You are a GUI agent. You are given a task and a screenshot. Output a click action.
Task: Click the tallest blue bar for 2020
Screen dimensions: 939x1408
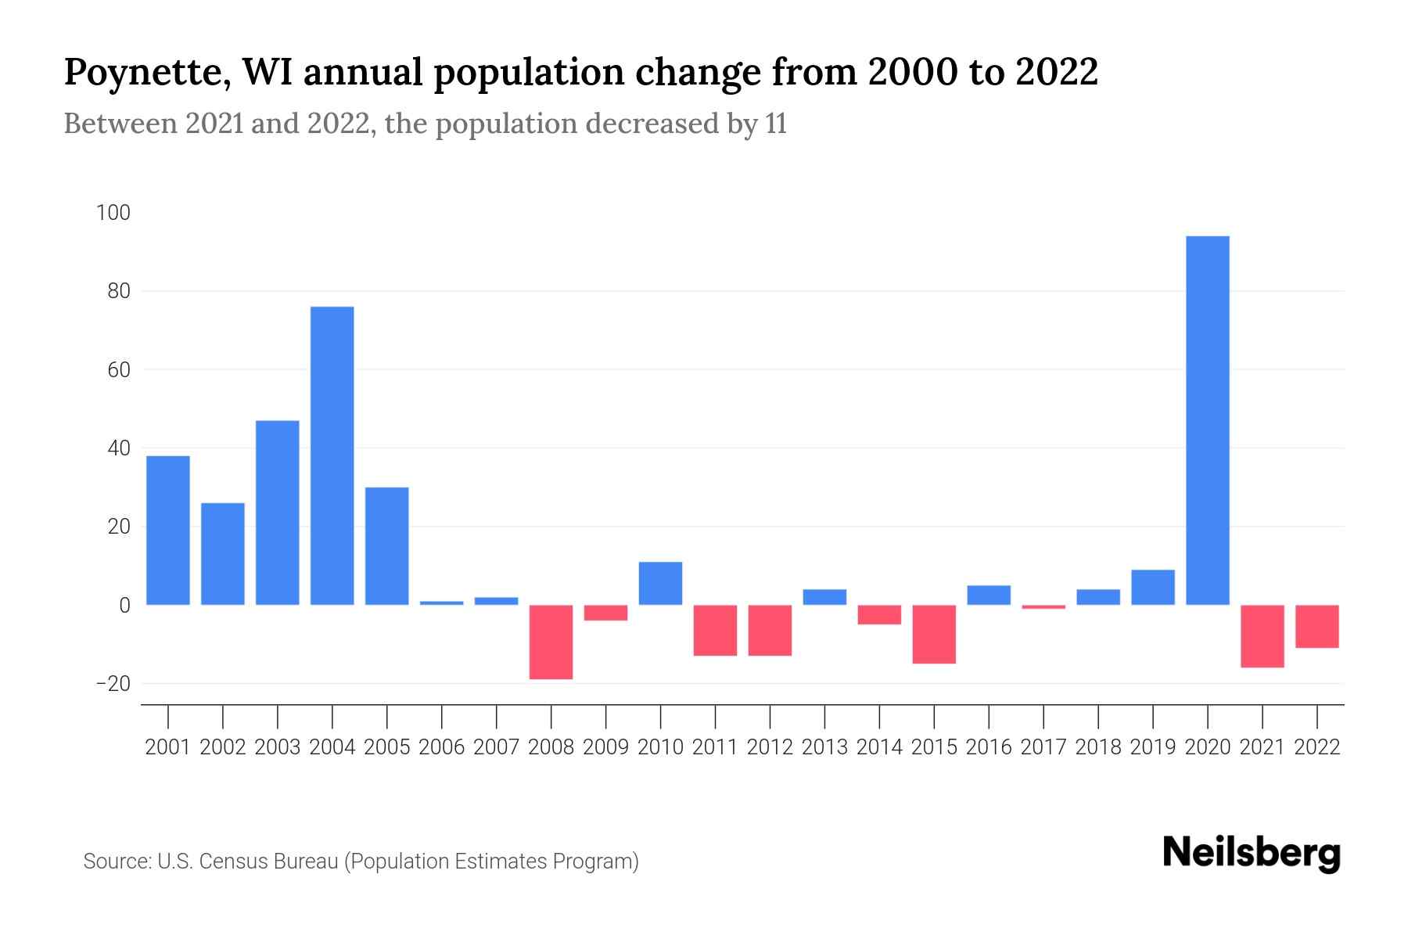[x=1208, y=420]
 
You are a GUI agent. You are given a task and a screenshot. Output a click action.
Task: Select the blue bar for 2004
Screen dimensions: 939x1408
[x=332, y=455]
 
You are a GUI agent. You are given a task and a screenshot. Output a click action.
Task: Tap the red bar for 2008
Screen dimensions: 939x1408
[x=551, y=642]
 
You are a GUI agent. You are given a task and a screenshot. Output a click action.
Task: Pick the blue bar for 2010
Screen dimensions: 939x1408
[x=660, y=583]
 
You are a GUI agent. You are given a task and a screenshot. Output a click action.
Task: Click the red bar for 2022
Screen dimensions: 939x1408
[x=1317, y=626]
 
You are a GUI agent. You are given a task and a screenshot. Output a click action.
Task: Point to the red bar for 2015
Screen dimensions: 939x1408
[x=934, y=634]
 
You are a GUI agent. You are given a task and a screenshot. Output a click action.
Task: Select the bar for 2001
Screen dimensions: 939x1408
[x=168, y=530]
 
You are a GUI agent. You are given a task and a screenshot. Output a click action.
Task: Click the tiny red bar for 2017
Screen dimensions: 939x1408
[x=1043, y=606]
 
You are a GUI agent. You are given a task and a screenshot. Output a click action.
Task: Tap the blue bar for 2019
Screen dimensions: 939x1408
[x=1153, y=587]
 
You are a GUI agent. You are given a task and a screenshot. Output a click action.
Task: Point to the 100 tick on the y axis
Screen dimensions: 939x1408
[x=113, y=213]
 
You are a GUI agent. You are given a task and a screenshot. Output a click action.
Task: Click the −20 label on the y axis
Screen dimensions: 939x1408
[x=112, y=683]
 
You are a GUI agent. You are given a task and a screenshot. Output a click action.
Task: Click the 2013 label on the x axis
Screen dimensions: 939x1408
[x=824, y=747]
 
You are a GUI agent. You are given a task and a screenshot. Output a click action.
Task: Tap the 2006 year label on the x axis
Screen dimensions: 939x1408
[x=442, y=747]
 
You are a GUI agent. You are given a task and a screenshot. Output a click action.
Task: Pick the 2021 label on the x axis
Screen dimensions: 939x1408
[x=1263, y=747]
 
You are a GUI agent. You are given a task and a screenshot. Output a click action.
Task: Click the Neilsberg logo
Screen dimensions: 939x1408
[x=1252, y=853]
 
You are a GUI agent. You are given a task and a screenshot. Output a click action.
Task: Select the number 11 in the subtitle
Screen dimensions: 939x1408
[x=776, y=124]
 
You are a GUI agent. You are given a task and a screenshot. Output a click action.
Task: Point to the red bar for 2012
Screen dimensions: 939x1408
[x=770, y=630]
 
